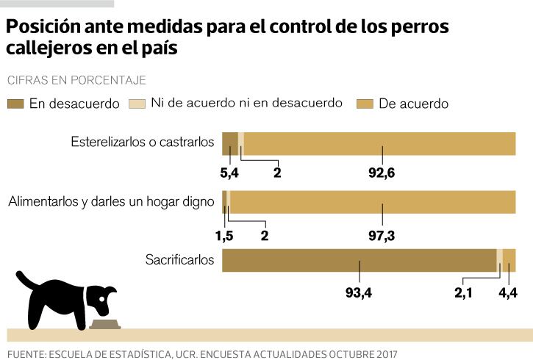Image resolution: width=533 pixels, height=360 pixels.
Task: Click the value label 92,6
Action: click(x=382, y=173)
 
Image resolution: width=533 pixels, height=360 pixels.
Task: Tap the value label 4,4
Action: click(x=508, y=293)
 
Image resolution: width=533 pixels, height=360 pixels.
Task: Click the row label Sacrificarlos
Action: click(x=180, y=259)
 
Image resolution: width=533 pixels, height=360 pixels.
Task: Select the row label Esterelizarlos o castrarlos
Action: click(x=143, y=141)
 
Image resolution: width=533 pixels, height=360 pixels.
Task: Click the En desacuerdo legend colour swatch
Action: click(x=15, y=104)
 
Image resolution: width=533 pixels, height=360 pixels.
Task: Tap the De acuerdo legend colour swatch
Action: click(x=364, y=104)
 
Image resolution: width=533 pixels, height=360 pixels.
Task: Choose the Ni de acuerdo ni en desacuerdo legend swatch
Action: click(x=137, y=104)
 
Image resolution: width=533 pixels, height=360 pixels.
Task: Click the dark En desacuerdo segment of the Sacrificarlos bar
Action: click(x=359, y=260)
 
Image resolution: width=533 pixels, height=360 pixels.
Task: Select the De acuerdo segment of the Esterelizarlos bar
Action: click(x=379, y=143)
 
